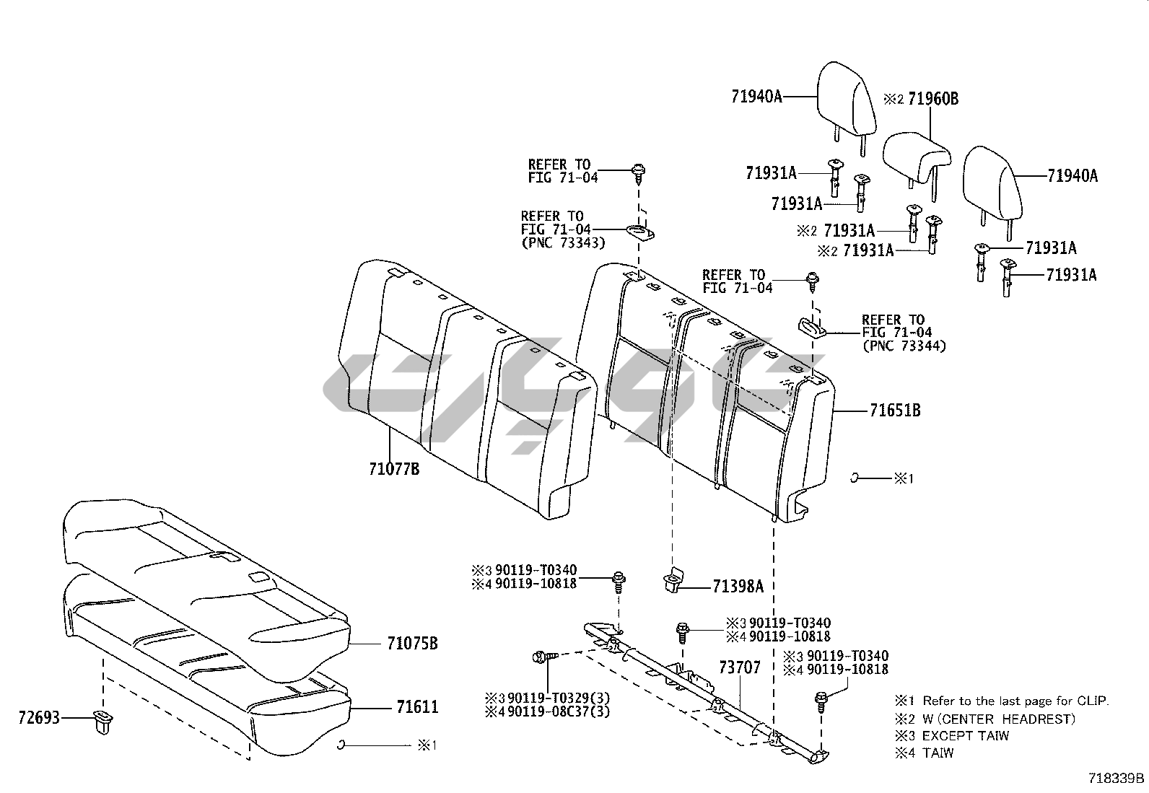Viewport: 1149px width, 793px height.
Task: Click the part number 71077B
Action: coord(393,470)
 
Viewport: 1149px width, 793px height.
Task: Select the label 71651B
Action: coord(895,411)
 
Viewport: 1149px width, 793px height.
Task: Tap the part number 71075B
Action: coord(412,644)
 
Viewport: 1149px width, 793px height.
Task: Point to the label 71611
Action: coord(416,707)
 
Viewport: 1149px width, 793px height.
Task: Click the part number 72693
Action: coord(39,719)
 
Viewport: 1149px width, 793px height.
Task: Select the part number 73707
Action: coord(739,668)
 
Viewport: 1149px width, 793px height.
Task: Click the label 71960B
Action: coord(932,99)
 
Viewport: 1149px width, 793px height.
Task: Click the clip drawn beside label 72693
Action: coord(101,721)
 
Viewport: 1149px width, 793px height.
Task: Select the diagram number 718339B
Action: coord(1117,779)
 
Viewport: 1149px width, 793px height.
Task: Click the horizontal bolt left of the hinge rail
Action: coord(543,657)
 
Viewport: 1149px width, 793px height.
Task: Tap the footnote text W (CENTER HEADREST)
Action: coord(999,719)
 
